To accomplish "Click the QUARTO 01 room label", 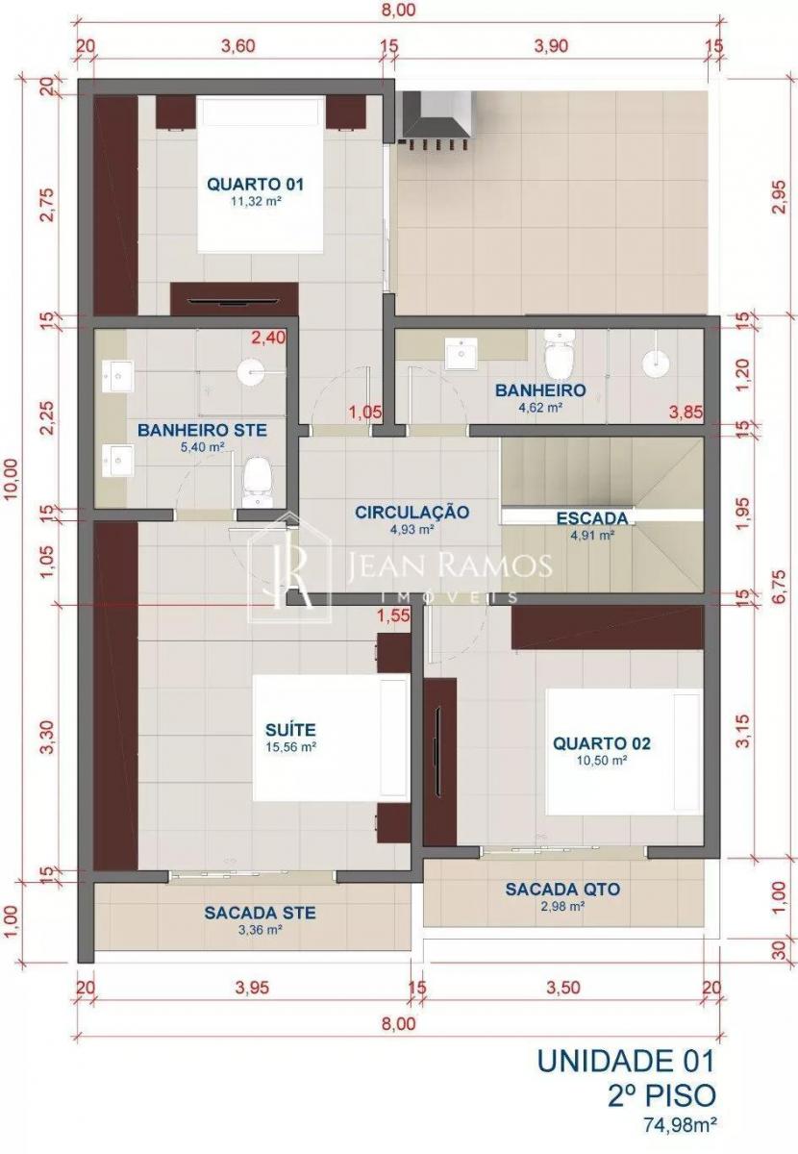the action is [x=255, y=184].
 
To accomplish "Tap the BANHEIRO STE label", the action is [x=203, y=429].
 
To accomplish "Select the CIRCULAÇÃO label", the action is [x=412, y=512].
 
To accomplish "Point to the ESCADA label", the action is [x=592, y=517].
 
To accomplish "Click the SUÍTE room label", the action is [x=290, y=730].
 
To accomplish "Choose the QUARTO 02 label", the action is [x=601, y=743].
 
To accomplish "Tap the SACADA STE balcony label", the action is [x=260, y=913].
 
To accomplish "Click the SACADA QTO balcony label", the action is [x=562, y=890].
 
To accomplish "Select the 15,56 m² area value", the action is [x=290, y=747].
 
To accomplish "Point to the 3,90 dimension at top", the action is [x=551, y=46].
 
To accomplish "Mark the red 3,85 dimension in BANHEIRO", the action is [x=686, y=413].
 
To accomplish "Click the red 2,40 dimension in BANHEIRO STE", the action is [x=267, y=338].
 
